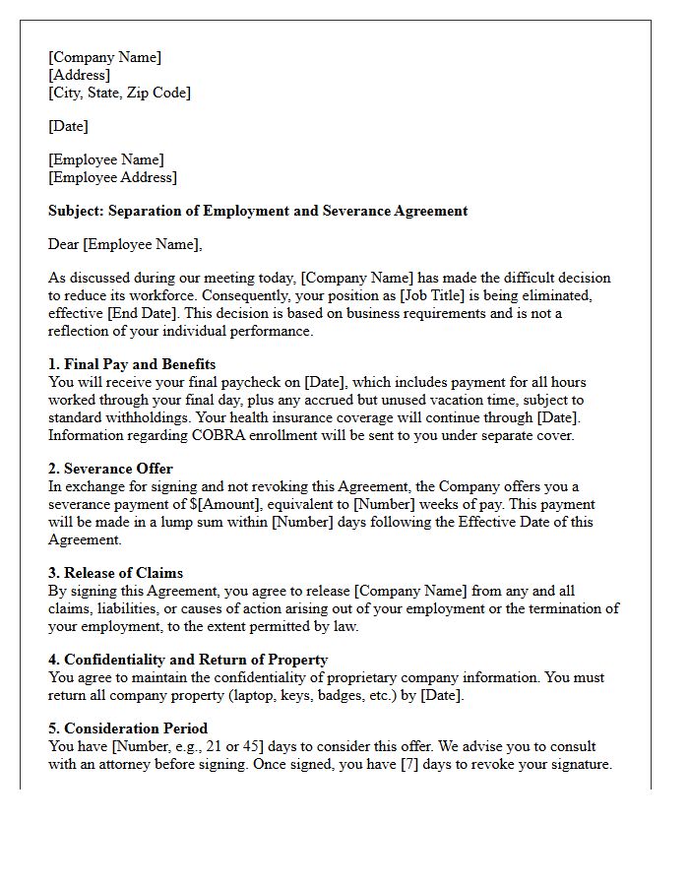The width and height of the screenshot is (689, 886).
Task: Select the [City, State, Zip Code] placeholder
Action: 119,93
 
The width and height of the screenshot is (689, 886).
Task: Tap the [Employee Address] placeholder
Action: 112,177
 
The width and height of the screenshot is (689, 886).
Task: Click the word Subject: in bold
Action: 76,211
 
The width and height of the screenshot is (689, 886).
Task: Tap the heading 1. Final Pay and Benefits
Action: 132,364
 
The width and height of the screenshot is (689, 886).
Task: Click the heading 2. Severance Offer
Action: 110,469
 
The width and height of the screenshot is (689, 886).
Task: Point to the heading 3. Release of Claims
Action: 115,573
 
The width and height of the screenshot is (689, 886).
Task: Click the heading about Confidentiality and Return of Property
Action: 188,660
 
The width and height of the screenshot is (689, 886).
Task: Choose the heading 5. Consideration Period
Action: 128,728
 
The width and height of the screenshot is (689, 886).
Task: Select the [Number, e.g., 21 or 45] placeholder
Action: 177,746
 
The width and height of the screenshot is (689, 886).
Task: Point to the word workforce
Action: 163,295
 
